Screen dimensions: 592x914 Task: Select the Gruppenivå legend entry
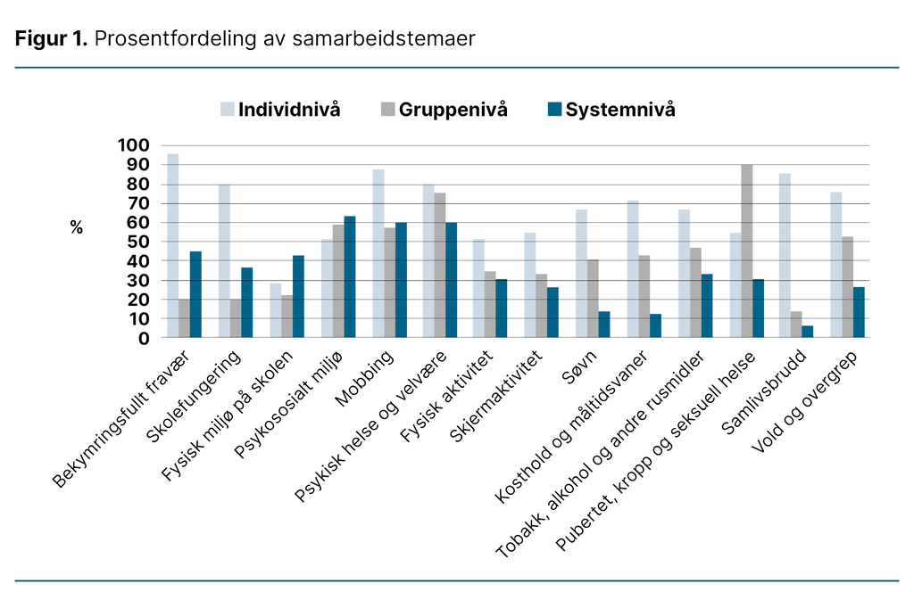pyautogui.click(x=443, y=110)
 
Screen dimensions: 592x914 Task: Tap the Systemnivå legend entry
pyautogui.click(x=610, y=110)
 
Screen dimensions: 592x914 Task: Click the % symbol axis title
pyautogui.click(x=77, y=228)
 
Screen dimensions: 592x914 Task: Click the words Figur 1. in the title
pyautogui.click(x=50, y=38)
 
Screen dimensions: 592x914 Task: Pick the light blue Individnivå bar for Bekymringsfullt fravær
pyautogui.click(x=172, y=246)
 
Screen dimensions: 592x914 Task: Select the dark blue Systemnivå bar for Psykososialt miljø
pyautogui.click(x=350, y=277)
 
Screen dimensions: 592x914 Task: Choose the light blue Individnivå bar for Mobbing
pyautogui.click(x=378, y=254)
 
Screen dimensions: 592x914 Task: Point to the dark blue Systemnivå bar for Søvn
pyautogui.click(x=603, y=325)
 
